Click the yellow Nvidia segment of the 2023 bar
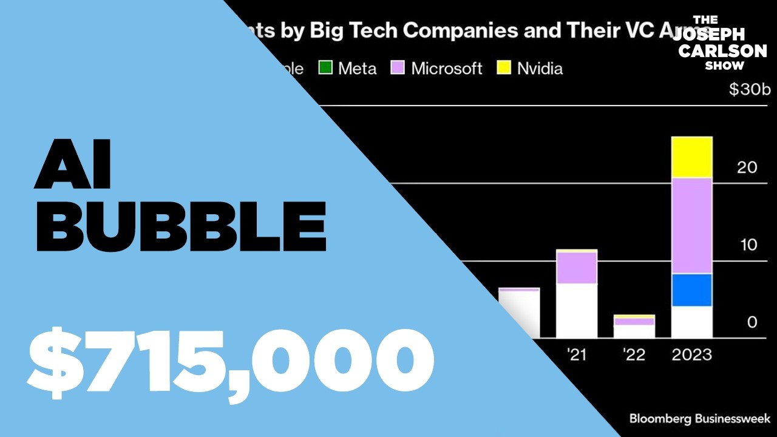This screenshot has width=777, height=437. coord(691,157)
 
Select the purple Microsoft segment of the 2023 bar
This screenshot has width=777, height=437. coord(691,226)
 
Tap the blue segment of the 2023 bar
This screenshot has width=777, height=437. coord(691,290)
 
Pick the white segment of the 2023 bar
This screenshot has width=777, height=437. coord(691,322)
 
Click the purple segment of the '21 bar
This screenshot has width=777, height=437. coord(577,268)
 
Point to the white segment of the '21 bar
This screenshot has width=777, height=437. coord(577,311)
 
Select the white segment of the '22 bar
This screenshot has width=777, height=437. coord(634,331)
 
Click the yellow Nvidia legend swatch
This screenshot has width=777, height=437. coord(504,68)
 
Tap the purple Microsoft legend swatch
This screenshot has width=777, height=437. coord(398,68)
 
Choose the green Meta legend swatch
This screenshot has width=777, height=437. coord(326,68)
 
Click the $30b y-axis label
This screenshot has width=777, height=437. coord(750,90)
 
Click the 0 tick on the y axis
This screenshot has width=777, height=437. coord(752,322)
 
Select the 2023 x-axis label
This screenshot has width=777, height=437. coord(692,354)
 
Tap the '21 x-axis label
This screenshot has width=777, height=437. coord(576,354)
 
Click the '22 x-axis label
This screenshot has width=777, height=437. coord(634,354)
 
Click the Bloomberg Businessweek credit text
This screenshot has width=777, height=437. coord(699,419)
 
